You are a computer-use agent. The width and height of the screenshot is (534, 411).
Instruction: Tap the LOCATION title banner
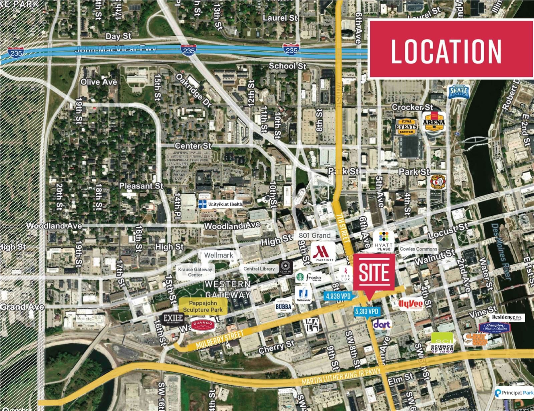tap(450, 49)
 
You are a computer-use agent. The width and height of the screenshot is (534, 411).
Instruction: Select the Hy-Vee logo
tap(411, 304)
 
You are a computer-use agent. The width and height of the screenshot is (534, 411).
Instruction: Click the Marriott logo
tap(323, 253)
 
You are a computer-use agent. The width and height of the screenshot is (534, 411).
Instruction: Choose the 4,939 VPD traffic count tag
tap(338, 296)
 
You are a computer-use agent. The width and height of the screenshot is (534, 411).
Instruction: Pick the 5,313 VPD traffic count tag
tap(367, 312)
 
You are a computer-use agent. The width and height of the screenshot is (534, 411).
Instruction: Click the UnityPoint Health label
tap(221, 204)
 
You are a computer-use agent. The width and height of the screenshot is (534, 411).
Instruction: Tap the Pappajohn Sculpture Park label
tap(203, 306)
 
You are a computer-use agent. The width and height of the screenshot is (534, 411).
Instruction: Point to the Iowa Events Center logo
tap(406, 126)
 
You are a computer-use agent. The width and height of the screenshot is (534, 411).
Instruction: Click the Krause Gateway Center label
tap(195, 272)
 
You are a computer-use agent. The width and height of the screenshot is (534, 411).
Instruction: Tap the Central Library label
tap(259, 269)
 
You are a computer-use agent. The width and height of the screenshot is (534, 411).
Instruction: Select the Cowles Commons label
tap(418, 249)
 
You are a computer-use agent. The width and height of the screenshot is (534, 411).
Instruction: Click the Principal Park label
tap(514, 393)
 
